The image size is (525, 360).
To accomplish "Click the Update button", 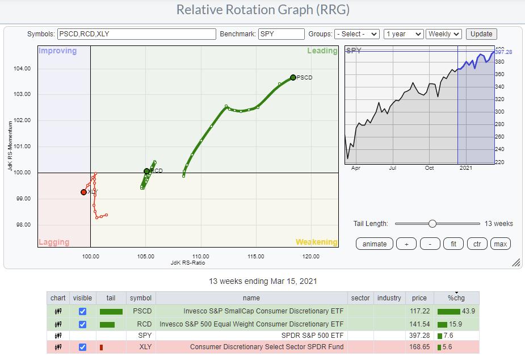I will point(481,34).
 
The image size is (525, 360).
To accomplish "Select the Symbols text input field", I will point(136,34).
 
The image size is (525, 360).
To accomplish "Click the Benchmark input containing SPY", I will point(282,34).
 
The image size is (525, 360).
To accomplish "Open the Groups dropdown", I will point(356,34).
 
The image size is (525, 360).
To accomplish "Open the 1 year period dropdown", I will point(403,34).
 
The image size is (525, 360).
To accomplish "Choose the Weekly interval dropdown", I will point(444,34).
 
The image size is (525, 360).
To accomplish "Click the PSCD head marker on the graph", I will point(293,77).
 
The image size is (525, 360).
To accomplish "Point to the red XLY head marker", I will point(83,192).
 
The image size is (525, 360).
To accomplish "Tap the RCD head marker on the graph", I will point(146,171).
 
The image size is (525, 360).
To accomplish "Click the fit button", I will point(453,244).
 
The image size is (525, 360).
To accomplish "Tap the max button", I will point(500,244).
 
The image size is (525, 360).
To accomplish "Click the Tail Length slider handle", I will point(432,223).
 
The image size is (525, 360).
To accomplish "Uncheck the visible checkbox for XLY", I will point(82,347).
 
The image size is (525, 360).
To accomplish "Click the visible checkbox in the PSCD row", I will point(82,312).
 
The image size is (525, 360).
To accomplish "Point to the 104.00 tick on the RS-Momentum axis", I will point(23,69).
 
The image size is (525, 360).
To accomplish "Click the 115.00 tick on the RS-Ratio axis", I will point(255,257).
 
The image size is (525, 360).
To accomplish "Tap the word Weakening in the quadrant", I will point(316,242).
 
